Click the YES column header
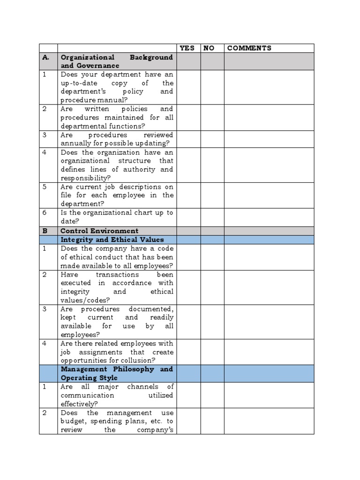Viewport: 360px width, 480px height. click(187, 48)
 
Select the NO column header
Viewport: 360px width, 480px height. click(209, 48)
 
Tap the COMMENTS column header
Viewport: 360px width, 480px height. click(249, 48)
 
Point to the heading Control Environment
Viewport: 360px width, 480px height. click(99, 231)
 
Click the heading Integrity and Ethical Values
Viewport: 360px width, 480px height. click(112, 240)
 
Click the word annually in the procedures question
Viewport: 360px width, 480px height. click(75, 143)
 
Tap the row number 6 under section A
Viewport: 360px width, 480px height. click(45, 213)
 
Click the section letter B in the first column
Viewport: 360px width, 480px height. click(45, 231)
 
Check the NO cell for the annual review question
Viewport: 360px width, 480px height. click(212, 139)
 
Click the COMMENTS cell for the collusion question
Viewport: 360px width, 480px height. click(269, 352)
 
